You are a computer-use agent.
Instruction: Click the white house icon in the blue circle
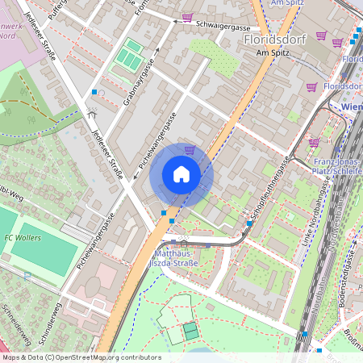click(181, 173)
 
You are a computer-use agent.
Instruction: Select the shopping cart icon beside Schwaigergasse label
click(188, 17)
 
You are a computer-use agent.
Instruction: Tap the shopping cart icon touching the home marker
click(190, 149)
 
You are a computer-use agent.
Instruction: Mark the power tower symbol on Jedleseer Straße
click(93, 113)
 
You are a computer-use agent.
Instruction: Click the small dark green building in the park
click(190, 331)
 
